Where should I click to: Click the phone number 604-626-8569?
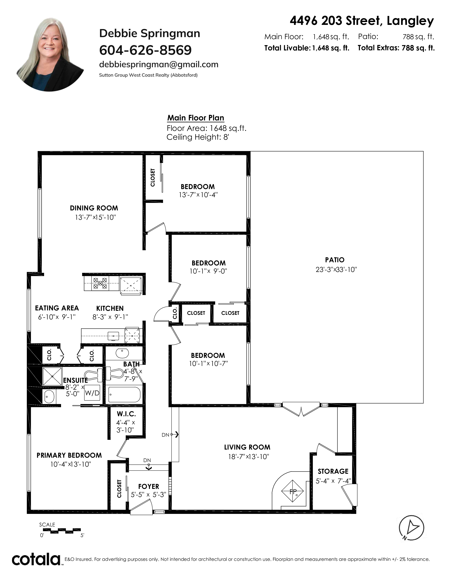click(145, 50)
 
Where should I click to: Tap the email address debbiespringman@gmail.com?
click(159, 65)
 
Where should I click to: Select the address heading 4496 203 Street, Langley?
click(362, 21)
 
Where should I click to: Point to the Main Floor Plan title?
click(196, 118)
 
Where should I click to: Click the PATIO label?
click(335, 260)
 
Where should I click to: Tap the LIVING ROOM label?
click(247, 447)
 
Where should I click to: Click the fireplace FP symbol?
click(293, 491)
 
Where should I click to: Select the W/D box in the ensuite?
click(92, 393)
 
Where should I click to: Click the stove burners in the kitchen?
click(100, 283)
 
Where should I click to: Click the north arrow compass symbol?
click(411, 528)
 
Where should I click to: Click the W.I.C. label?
click(126, 414)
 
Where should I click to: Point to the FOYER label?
click(148, 486)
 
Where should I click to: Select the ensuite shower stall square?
click(52, 376)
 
